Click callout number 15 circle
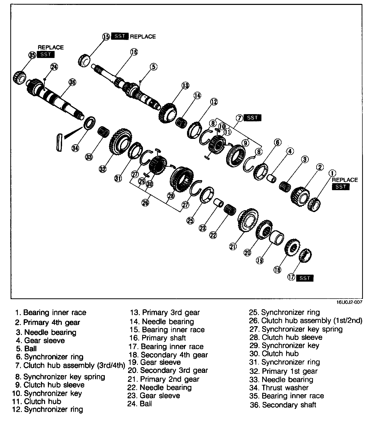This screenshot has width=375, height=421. pos(106,36)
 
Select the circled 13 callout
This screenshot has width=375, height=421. pos(185,86)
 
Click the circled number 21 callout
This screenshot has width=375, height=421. pos(233,247)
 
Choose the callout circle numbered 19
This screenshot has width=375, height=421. pos(260,260)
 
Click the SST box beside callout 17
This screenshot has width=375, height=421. pos(305,278)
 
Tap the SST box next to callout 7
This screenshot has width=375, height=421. pos(252,118)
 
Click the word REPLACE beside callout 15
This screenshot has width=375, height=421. pos(143,37)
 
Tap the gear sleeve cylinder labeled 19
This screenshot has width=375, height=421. pos(276,237)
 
